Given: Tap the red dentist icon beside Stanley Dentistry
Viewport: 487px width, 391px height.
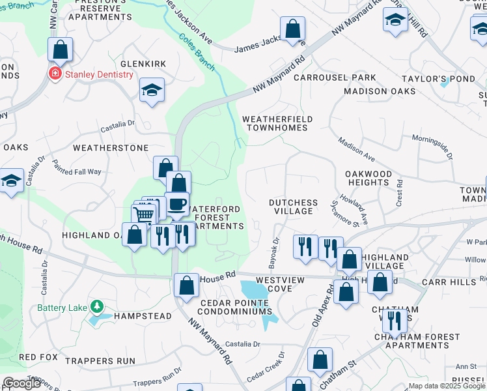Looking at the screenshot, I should pos(55,73).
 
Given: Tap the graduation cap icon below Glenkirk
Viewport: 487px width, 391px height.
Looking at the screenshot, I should pos(152,91).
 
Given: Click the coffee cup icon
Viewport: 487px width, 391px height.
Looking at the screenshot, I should pos(176,204).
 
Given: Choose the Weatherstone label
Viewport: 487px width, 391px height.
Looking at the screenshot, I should pos(111,148).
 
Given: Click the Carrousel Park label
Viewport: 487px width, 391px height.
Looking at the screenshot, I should pos(335,78).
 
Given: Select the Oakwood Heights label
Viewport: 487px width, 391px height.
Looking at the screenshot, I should pos(369,178).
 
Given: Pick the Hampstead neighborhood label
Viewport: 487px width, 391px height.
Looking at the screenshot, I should pos(143,316).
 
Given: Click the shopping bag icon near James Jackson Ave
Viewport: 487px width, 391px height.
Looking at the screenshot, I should pos(292,29).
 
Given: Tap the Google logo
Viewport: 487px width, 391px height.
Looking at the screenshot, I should pos(21,383).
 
